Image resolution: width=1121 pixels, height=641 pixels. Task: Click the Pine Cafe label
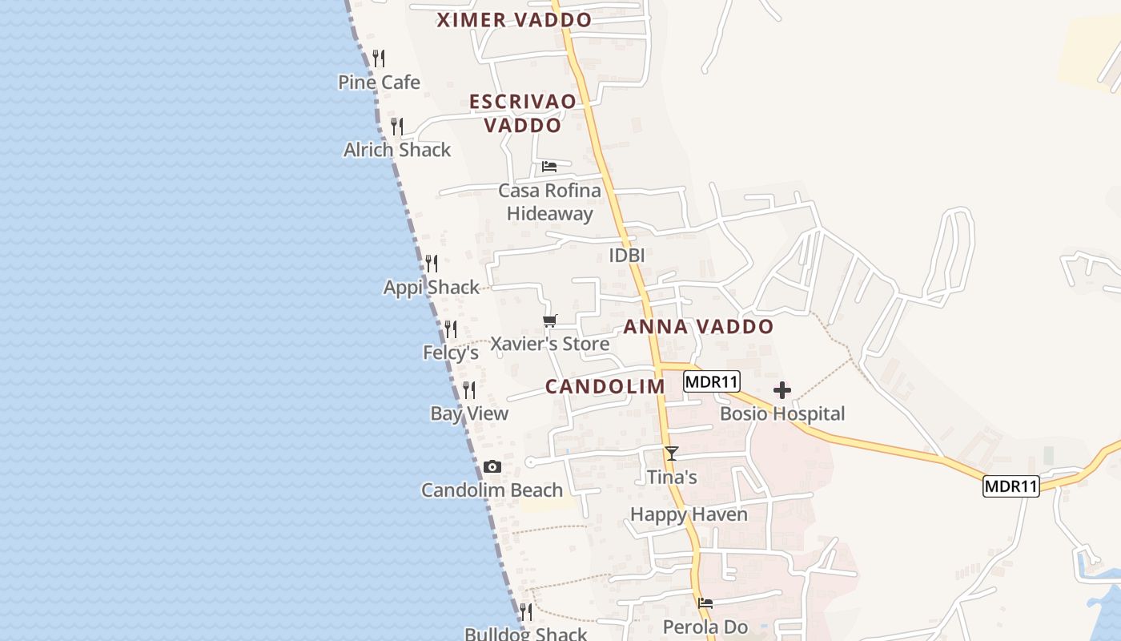(379, 82)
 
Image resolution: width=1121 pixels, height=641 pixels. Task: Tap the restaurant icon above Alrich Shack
(396, 126)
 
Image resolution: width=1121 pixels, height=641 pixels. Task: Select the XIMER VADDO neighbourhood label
(514, 20)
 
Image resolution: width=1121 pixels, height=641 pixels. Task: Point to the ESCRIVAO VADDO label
(523, 113)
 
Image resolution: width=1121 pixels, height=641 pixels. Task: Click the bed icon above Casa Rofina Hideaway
(549, 167)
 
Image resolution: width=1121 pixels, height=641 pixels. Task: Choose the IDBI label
(627, 255)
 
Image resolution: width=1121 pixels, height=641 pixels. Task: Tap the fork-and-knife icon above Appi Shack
(432, 263)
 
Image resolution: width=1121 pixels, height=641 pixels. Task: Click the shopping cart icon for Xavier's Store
(549, 321)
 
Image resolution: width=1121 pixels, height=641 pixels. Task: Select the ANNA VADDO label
(698, 326)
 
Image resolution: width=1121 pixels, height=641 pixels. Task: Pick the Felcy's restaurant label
(451, 353)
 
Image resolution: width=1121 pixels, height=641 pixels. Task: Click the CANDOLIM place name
(605, 386)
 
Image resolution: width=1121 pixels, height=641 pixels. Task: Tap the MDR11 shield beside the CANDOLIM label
(712, 381)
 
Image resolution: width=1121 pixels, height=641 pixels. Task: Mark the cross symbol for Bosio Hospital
(782, 390)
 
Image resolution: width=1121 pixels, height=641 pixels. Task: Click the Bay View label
(469, 413)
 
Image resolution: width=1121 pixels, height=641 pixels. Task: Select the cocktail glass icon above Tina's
(672, 454)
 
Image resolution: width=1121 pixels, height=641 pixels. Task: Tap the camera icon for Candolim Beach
(492, 466)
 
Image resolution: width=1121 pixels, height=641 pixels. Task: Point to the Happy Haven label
(689, 514)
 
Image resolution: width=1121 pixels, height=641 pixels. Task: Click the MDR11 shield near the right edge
(1011, 486)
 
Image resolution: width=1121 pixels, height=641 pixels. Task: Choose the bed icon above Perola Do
(705, 603)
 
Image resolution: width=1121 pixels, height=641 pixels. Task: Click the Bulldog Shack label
(526, 634)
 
